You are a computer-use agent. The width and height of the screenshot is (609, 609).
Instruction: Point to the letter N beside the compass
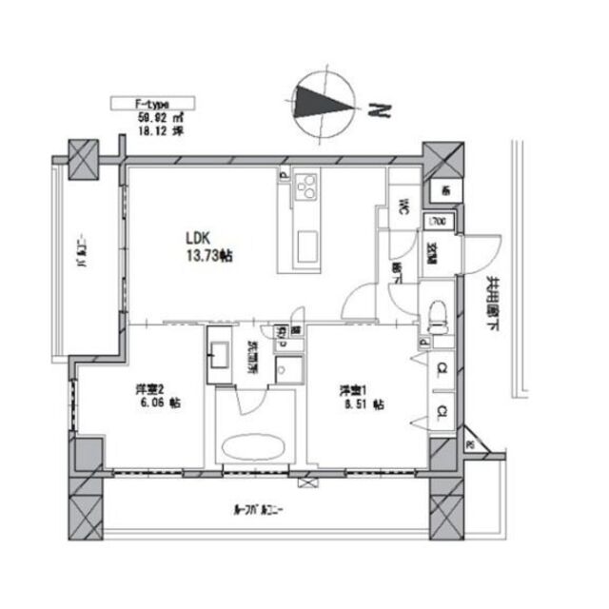[x=382, y=111]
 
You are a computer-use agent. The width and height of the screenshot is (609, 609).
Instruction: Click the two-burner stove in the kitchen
[x=307, y=188]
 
